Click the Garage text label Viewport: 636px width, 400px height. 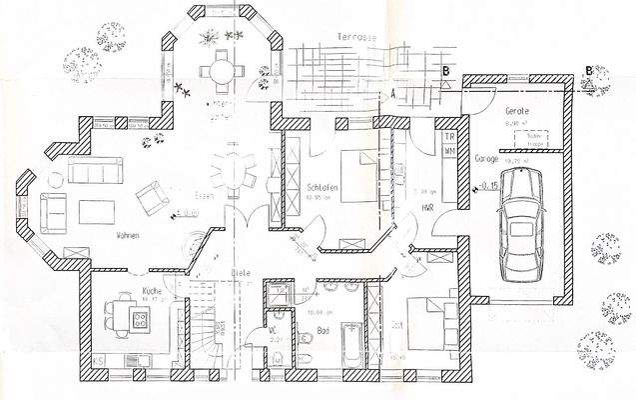[x=487, y=158]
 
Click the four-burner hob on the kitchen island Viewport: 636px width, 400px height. [x=140, y=321]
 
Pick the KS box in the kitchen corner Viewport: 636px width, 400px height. [x=99, y=359]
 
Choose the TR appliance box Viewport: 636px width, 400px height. [x=449, y=135]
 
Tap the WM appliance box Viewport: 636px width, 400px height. [x=449, y=150]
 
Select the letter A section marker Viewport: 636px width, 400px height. [x=393, y=91]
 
